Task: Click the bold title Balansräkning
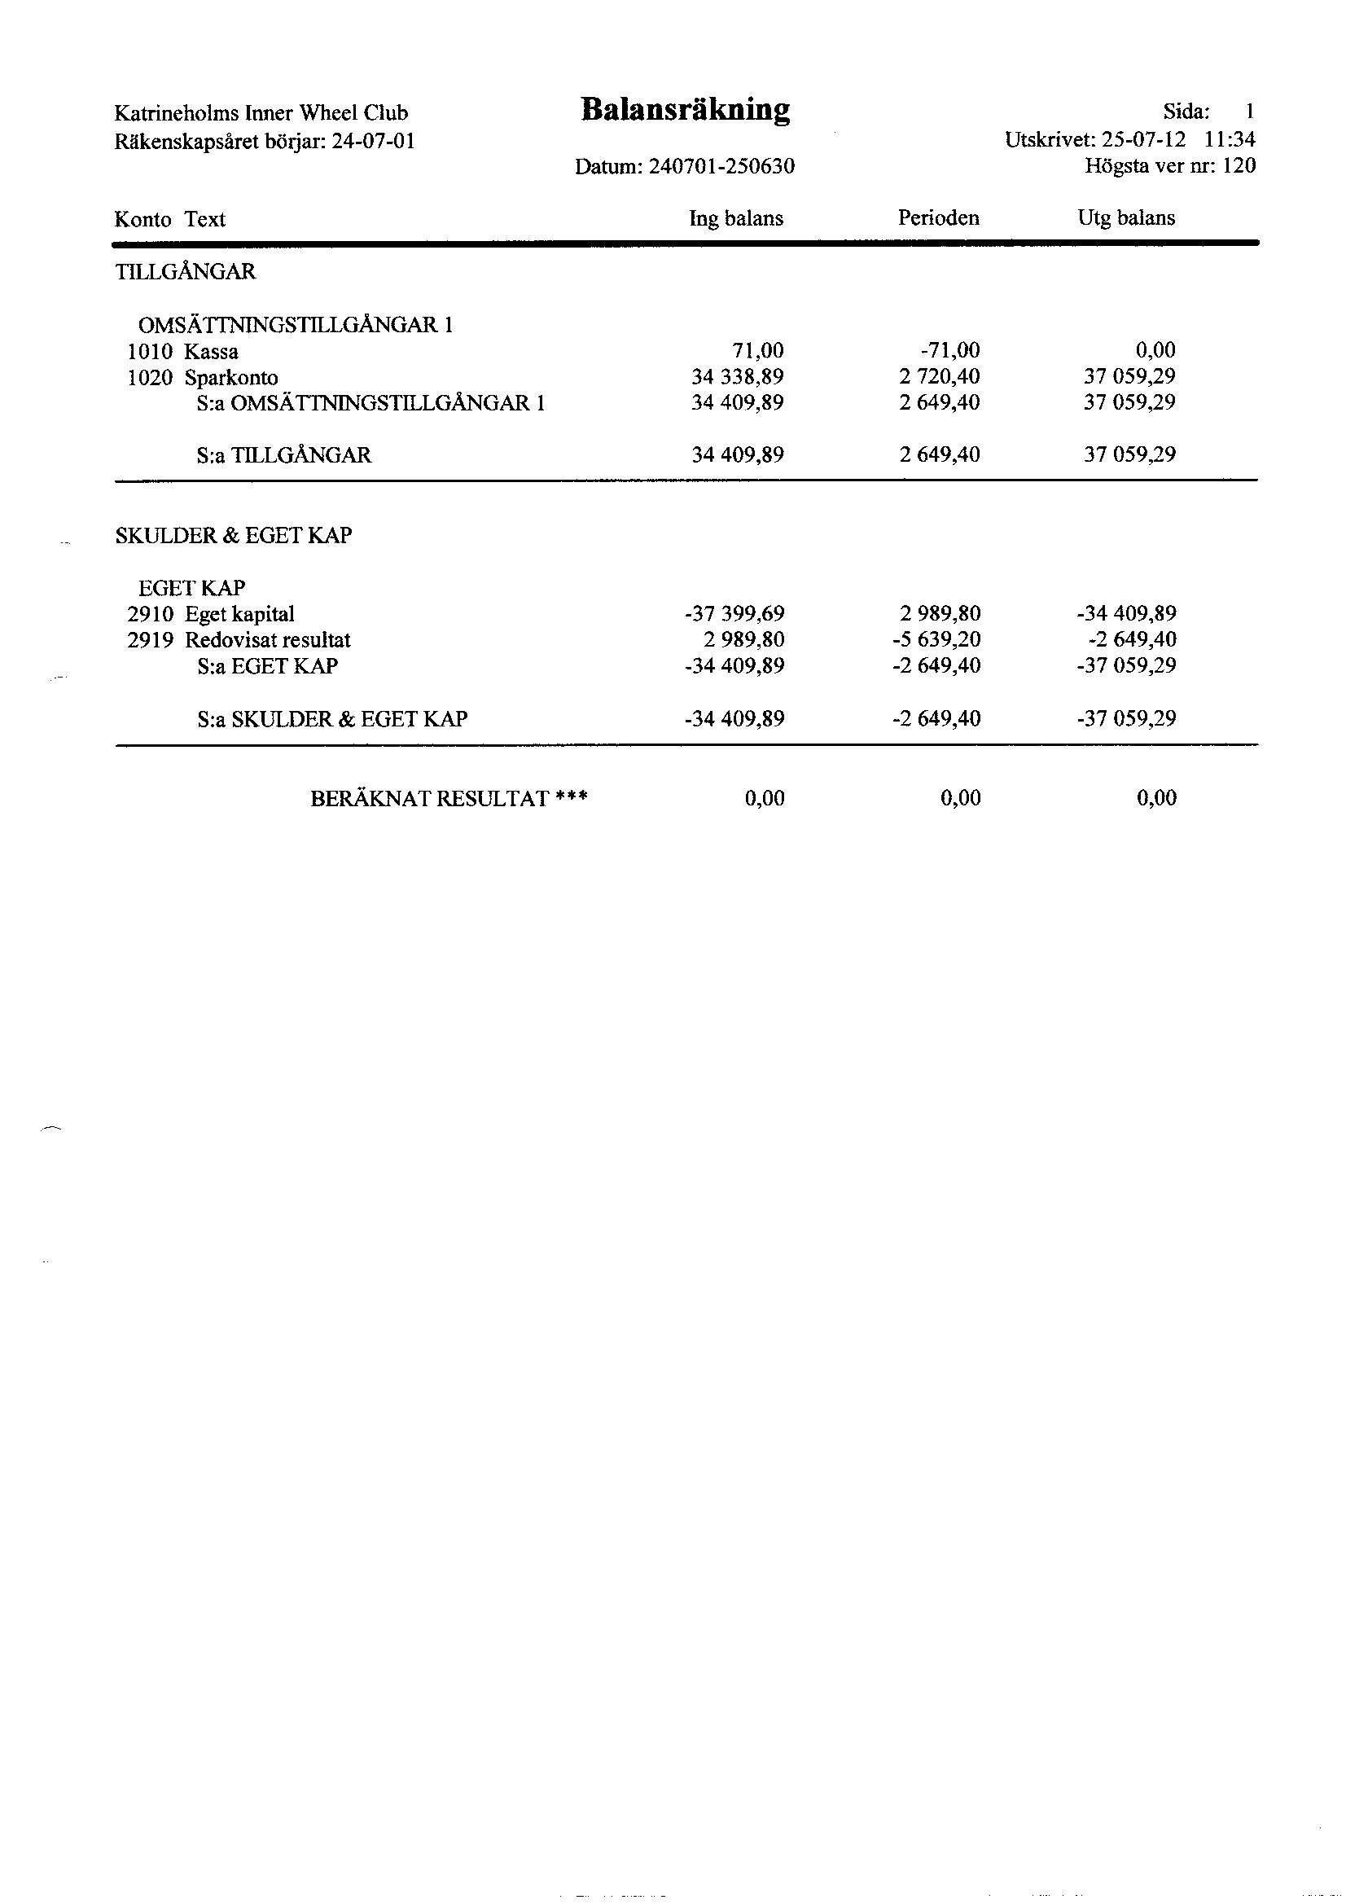coord(685,110)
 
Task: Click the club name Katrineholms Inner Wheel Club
coord(261,112)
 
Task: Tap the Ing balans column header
coord(735,218)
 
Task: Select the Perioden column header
coord(938,218)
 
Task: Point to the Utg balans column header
coord(1125,218)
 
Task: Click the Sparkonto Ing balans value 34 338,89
coord(737,377)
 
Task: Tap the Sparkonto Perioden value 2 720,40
coord(939,377)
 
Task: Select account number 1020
coord(150,378)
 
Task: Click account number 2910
coord(150,615)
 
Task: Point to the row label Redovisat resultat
coord(267,640)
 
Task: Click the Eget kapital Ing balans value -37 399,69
coord(734,614)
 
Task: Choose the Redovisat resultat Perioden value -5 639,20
coord(936,639)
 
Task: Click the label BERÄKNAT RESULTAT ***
coord(449,799)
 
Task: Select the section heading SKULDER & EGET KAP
coord(233,536)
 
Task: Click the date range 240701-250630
coord(721,167)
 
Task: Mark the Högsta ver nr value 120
coord(1239,166)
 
